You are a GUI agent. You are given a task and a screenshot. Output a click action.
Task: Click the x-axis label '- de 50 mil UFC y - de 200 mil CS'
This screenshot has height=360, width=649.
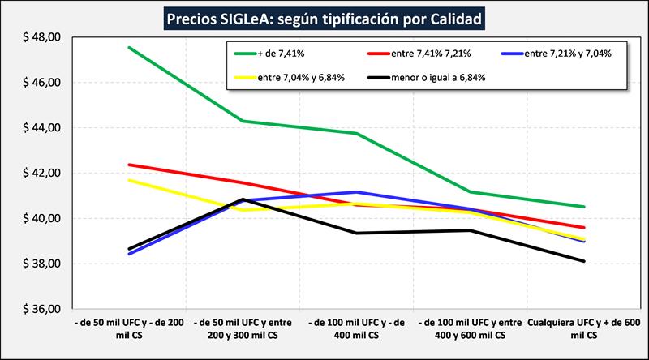128,328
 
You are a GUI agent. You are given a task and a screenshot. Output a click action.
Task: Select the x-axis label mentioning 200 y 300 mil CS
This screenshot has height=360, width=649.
243,328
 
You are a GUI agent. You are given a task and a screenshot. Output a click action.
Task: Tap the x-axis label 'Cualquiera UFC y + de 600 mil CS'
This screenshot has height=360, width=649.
583,328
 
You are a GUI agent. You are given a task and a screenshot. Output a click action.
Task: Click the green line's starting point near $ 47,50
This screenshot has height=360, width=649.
129,48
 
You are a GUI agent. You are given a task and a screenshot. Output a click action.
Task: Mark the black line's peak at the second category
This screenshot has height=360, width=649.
243,199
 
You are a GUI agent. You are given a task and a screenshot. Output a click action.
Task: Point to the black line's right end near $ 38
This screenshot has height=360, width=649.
583,261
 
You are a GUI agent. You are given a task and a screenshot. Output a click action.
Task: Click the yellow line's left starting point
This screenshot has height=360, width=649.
129,180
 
